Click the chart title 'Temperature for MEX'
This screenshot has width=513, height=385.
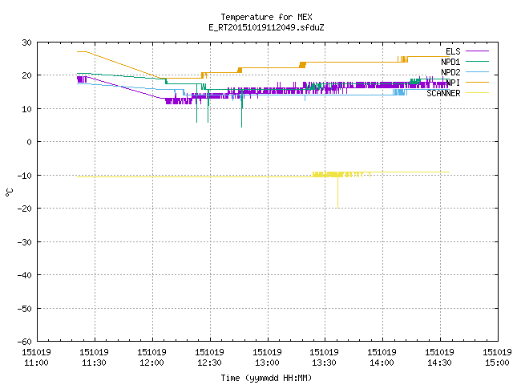266,17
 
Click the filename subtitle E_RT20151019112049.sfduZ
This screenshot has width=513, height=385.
266,27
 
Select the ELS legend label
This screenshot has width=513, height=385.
453,51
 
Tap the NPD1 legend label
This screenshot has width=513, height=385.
450,62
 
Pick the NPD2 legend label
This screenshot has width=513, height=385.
450,72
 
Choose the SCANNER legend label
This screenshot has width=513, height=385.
443,93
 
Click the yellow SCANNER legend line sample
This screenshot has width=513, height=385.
477,93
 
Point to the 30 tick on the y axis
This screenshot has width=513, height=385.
26,43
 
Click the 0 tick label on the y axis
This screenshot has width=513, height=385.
30,142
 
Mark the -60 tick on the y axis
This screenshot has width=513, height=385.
25,342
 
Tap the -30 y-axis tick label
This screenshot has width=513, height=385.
25,242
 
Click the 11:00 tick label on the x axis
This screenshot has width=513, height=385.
36,358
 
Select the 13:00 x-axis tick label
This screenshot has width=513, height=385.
267,358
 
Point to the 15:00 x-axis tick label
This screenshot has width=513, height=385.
497,358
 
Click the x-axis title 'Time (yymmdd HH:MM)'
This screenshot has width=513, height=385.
266,378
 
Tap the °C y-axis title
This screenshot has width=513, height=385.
9,192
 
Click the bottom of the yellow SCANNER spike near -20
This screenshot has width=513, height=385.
338,208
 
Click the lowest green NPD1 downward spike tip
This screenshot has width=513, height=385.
242,127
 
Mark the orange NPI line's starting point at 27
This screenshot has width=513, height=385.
77,51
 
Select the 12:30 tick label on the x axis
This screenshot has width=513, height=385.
209,358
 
